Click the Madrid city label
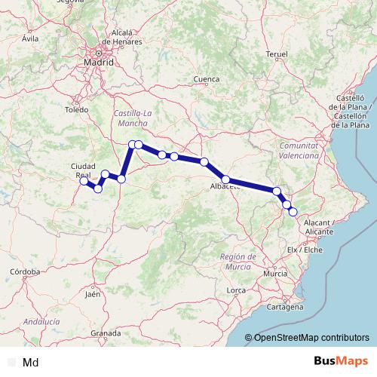99,63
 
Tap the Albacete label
225,187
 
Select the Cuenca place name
206,79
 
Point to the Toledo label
77,110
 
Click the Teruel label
277,54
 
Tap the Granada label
106,333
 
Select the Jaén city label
93,294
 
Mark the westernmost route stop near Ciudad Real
84,181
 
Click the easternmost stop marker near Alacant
293,212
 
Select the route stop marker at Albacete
225,179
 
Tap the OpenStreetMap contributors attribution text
311,337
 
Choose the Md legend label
31,363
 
